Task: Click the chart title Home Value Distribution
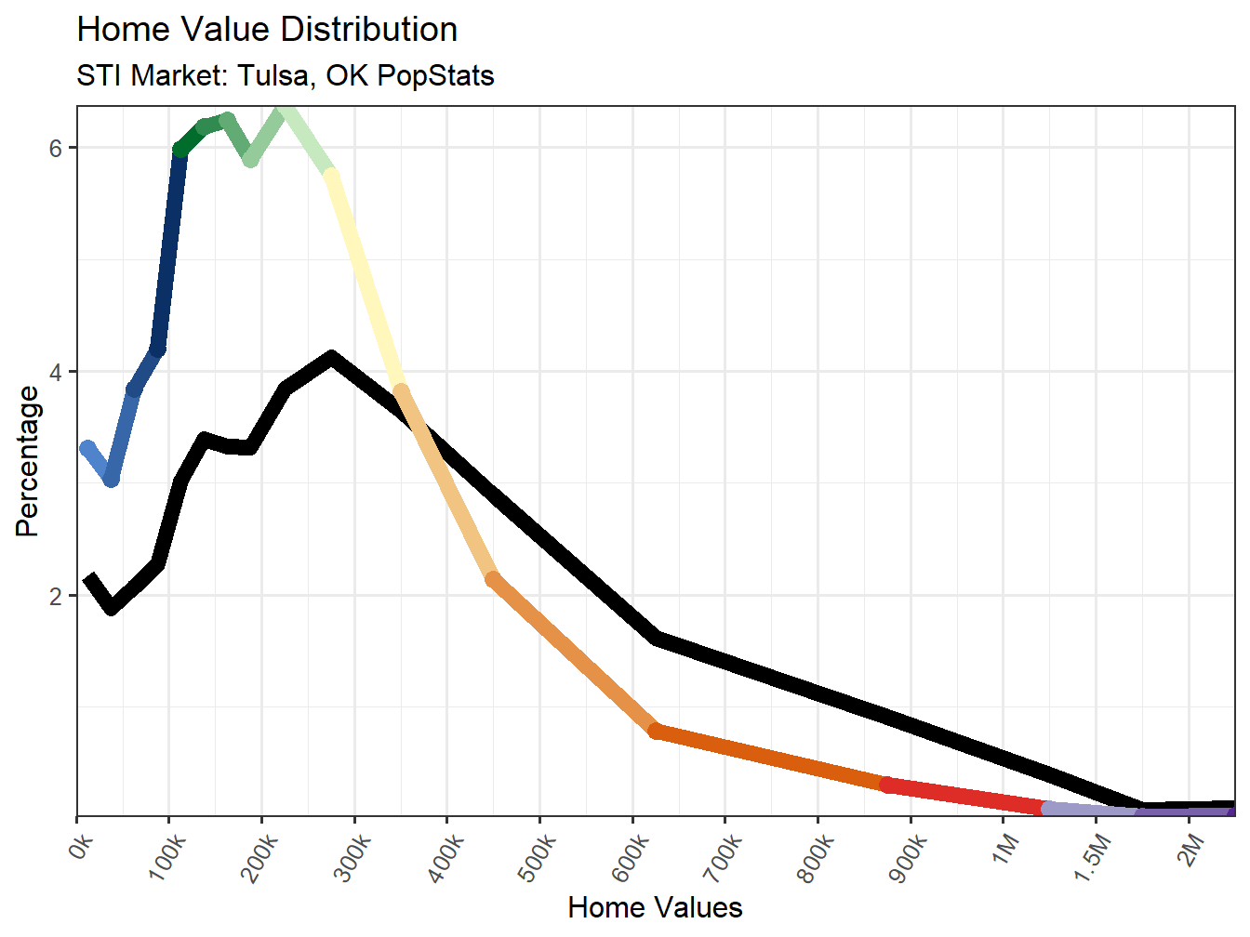pyautogui.click(x=267, y=30)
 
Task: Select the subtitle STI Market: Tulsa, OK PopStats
pyautogui.click(x=285, y=75)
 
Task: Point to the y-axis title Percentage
pyautogui.click(x=28, y=461)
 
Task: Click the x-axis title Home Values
pyautogui.click(x=655, y=907)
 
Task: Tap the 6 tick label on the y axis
pyautogui.click(x=56, y=148)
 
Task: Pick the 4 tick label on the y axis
pyautogui.click(x=56, y=372)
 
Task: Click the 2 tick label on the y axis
pyautogui.click(x=56, y=596)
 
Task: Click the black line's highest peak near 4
pyautogui.click(x=331, y=357)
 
